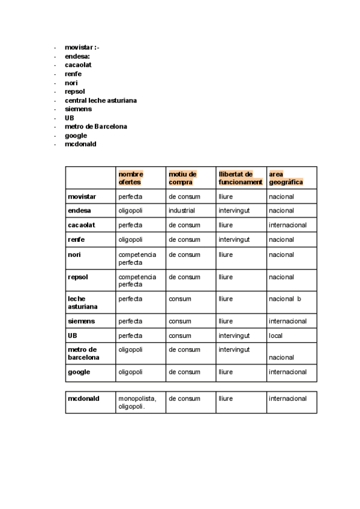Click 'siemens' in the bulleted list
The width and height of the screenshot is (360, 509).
pos(78,109)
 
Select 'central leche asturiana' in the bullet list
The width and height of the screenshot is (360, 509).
pos(100,100)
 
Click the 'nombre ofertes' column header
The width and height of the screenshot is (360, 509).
pos(131,178)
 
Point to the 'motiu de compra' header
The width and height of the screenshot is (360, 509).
pos(182,178)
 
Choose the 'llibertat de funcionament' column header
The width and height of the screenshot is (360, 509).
pos(240,178)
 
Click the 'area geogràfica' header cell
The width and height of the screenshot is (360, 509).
pos(286,178)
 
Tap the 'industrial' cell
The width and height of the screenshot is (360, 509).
pos(182,211)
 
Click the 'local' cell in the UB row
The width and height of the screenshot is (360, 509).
pos(276,336)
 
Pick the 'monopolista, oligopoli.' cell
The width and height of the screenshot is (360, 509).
pos(137,402)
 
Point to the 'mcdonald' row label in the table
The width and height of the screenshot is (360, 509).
pos(83,399)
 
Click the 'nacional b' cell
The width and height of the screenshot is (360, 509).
pos(285,299)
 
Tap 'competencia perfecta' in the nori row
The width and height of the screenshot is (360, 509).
pos(137,259)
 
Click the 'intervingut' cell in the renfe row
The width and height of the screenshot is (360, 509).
pos(234,239)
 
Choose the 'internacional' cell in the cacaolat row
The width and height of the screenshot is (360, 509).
pos(287,225)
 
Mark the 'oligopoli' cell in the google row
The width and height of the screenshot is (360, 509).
pos(131,372)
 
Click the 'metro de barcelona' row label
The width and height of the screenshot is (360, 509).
pos(83,354)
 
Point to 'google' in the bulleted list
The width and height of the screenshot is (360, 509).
pos(76,136)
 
